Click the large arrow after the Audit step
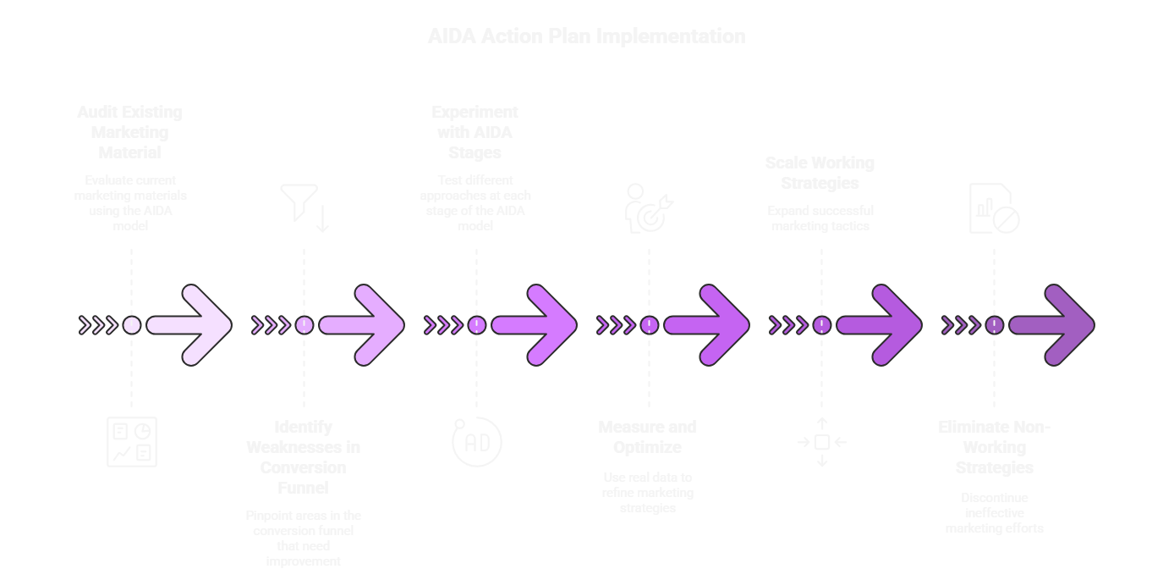tap(189, 325)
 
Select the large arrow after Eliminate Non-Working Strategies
tap(1052, 325)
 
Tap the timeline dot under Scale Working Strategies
tap(821, 325)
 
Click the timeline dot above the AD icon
tap(476, 325)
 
